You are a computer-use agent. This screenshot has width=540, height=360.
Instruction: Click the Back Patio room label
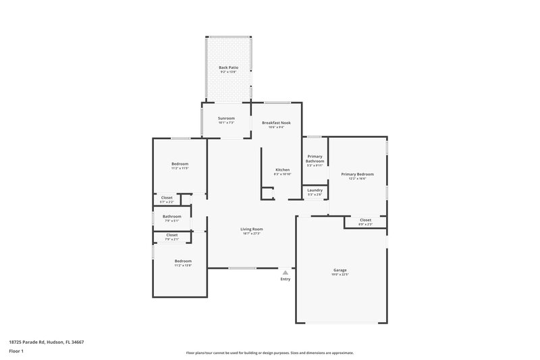[x=228, y=68]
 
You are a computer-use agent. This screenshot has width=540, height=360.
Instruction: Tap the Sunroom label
[x=226, y=118]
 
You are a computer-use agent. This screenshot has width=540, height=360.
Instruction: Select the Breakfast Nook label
[x=277, y=123]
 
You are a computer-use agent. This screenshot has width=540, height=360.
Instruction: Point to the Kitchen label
[x=282, y=170]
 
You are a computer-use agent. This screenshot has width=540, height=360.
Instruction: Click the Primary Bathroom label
[x=315, y=159]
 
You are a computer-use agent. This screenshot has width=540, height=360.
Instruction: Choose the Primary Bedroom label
[x=357, y=174]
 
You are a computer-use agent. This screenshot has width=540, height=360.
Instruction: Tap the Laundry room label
[x=315, y=190]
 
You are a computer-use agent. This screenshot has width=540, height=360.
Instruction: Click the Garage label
[x=340, y=269]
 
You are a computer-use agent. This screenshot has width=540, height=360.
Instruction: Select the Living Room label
[x=251, y=229]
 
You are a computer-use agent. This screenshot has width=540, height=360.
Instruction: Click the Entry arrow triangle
[x=286, y=272]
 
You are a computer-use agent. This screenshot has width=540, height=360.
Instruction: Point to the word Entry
[x=286, y=279]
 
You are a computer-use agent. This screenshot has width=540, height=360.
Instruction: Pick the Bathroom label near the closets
[x=171, y=216]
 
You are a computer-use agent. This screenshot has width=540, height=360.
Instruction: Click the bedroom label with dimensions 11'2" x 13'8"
[x=183, y=261]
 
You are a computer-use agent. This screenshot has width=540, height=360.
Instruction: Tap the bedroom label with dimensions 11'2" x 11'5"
[x=180, y=163]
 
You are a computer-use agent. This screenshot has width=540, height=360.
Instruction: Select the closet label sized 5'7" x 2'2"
[x=167, y=197]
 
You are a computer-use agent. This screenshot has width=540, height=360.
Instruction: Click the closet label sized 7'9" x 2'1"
[x=172, y=234]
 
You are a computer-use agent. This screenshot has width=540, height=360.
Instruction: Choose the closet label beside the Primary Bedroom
[x=365, y=220]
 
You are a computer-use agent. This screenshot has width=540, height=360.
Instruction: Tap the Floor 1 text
[x=16, y=352]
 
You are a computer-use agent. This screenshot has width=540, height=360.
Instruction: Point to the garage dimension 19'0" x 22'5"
[x=340, y=274]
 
